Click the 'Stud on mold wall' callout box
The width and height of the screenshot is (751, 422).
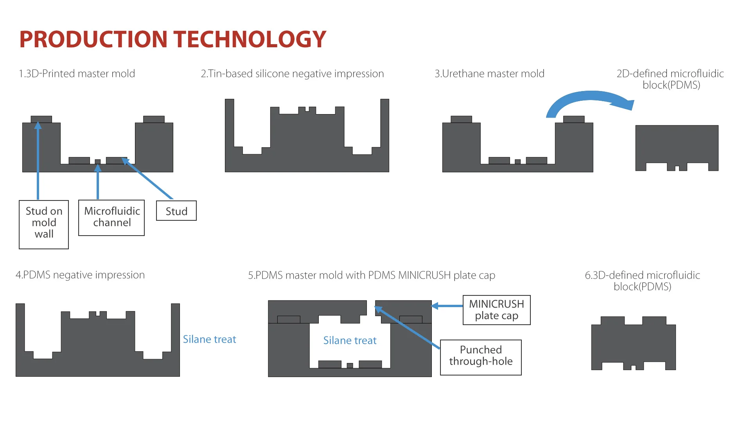(44, 224)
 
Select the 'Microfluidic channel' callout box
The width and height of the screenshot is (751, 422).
(111, 218)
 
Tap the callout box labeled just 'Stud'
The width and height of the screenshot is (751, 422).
(176, 211)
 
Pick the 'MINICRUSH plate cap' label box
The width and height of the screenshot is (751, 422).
(496, 310)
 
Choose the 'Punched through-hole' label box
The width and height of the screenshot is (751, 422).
(481, 357)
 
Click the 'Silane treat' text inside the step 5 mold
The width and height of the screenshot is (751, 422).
(350, 340)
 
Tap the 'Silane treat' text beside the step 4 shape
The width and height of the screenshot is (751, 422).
(209, 339)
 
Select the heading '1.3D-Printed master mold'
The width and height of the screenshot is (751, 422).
(77, 73)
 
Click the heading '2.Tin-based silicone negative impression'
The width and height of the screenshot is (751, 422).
(292, 73)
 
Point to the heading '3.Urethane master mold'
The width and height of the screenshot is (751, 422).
(489, 73)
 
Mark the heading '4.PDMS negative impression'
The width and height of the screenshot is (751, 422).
(80, 275)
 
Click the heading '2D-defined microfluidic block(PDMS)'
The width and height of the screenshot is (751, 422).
(670, 79)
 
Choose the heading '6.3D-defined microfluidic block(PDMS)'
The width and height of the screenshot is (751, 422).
(642, 281)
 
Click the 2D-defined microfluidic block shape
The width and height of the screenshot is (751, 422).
(677, 145)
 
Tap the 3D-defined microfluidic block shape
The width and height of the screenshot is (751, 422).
(633, 344)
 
